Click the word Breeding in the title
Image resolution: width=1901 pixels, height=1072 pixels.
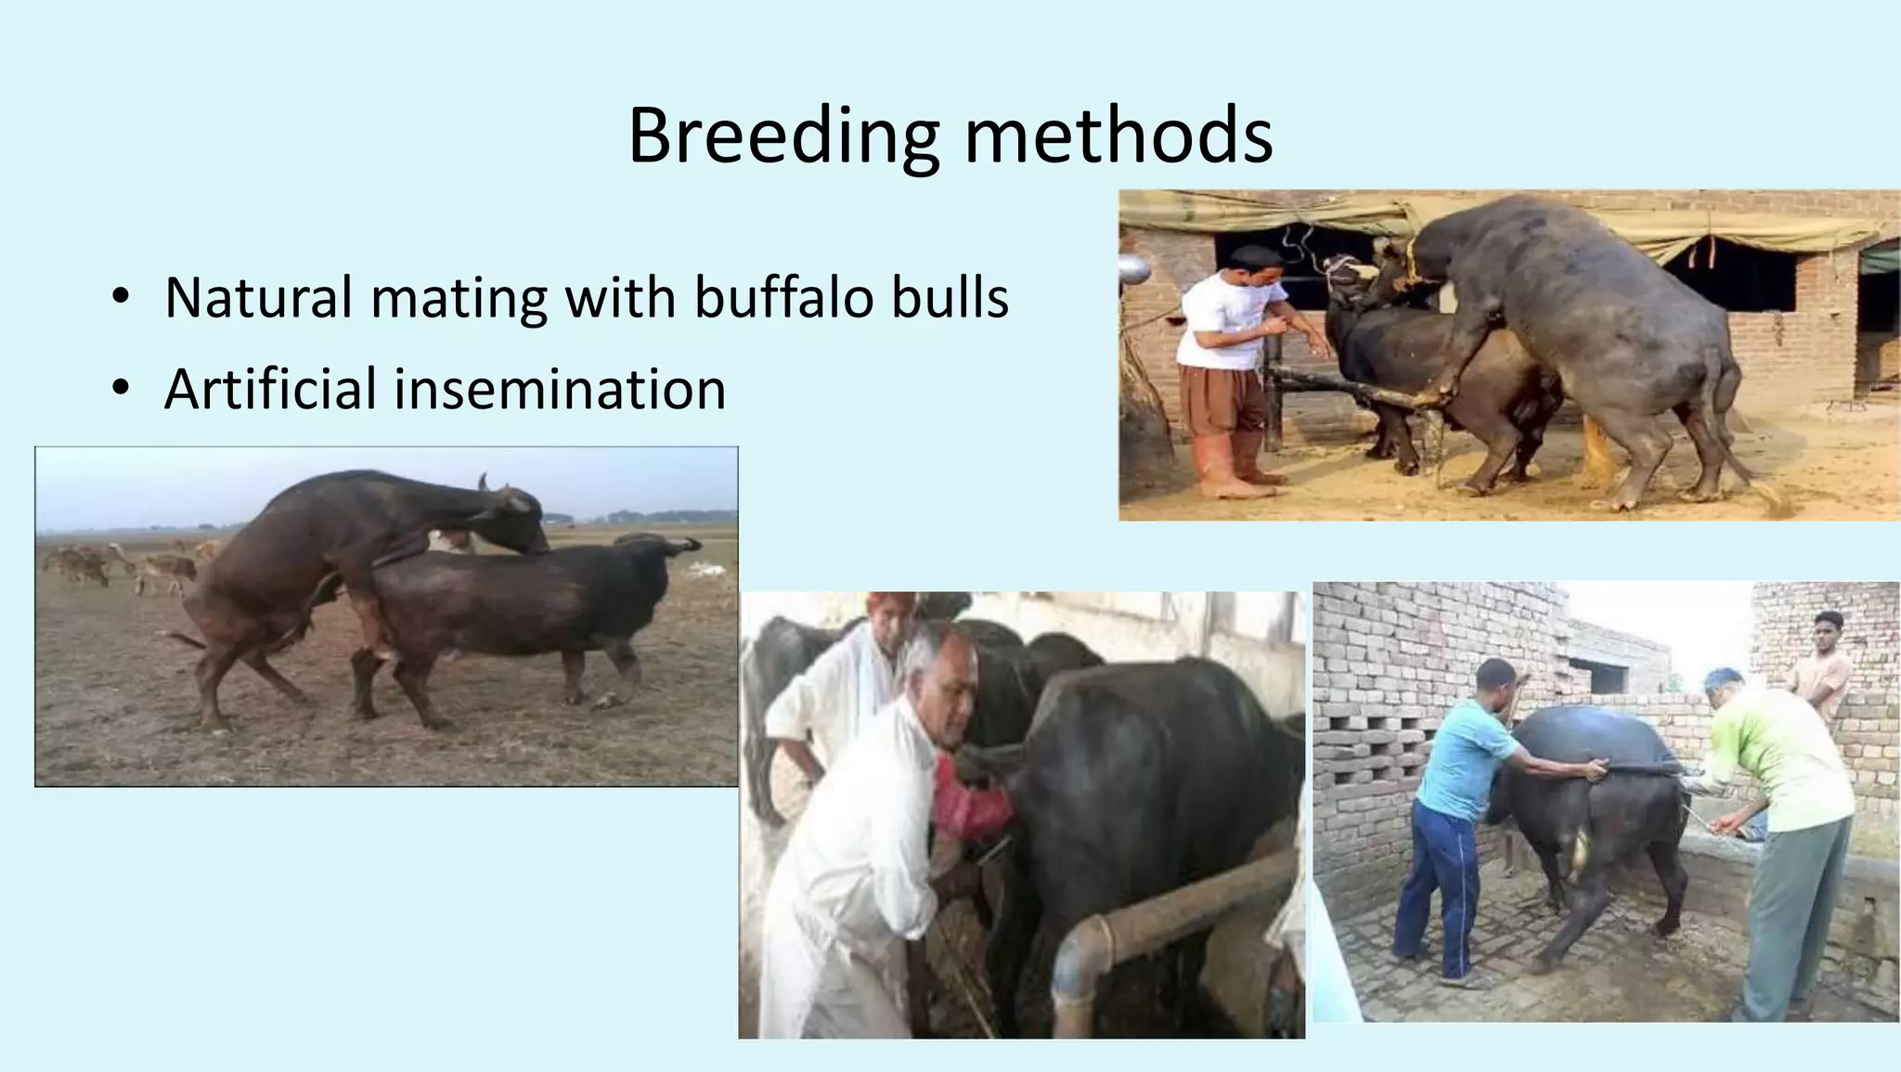click(782, 136)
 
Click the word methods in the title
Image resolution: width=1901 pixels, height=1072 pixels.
click(1118, 136)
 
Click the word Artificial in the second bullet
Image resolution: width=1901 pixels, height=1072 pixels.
click(270, 389)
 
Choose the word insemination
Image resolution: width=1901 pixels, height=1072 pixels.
click(560, 389)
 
